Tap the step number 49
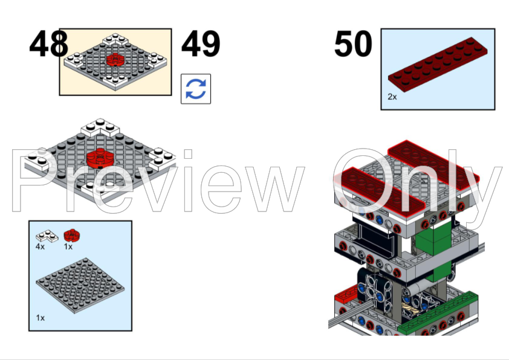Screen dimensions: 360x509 pos(201,44)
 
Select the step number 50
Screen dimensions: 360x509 pos(354,44)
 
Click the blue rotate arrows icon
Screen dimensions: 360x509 pos(196,89)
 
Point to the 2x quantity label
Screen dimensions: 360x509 pos(392,97)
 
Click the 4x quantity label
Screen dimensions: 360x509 pos(41,246)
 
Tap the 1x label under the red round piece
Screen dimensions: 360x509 pos(68,246)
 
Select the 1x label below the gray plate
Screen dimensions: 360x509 pos(41,317)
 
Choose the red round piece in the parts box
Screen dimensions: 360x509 pos(72,234)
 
